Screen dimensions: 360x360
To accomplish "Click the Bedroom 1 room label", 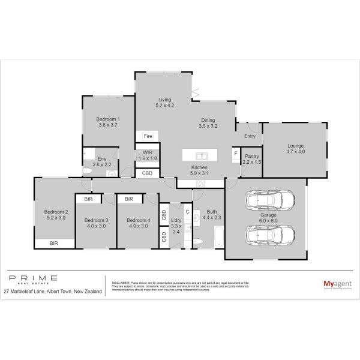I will point(108,119).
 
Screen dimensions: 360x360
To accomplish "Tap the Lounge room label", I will point(295,146).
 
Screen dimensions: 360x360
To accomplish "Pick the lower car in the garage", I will point(270,235).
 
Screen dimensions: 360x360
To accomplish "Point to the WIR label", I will point(148,152).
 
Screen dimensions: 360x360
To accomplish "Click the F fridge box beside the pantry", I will point(236,153).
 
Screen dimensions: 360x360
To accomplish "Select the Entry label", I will point(250,136).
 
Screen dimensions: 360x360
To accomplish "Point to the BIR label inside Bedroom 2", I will point(54,243).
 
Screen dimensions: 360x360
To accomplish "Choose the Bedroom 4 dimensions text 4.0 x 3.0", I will point(137,227).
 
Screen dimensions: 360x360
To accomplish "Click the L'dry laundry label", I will point(176,221).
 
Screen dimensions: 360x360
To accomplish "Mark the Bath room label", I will point(211,212).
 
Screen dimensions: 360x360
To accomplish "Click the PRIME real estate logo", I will point(33,280).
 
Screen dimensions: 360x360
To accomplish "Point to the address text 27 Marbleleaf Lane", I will point(28,291).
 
